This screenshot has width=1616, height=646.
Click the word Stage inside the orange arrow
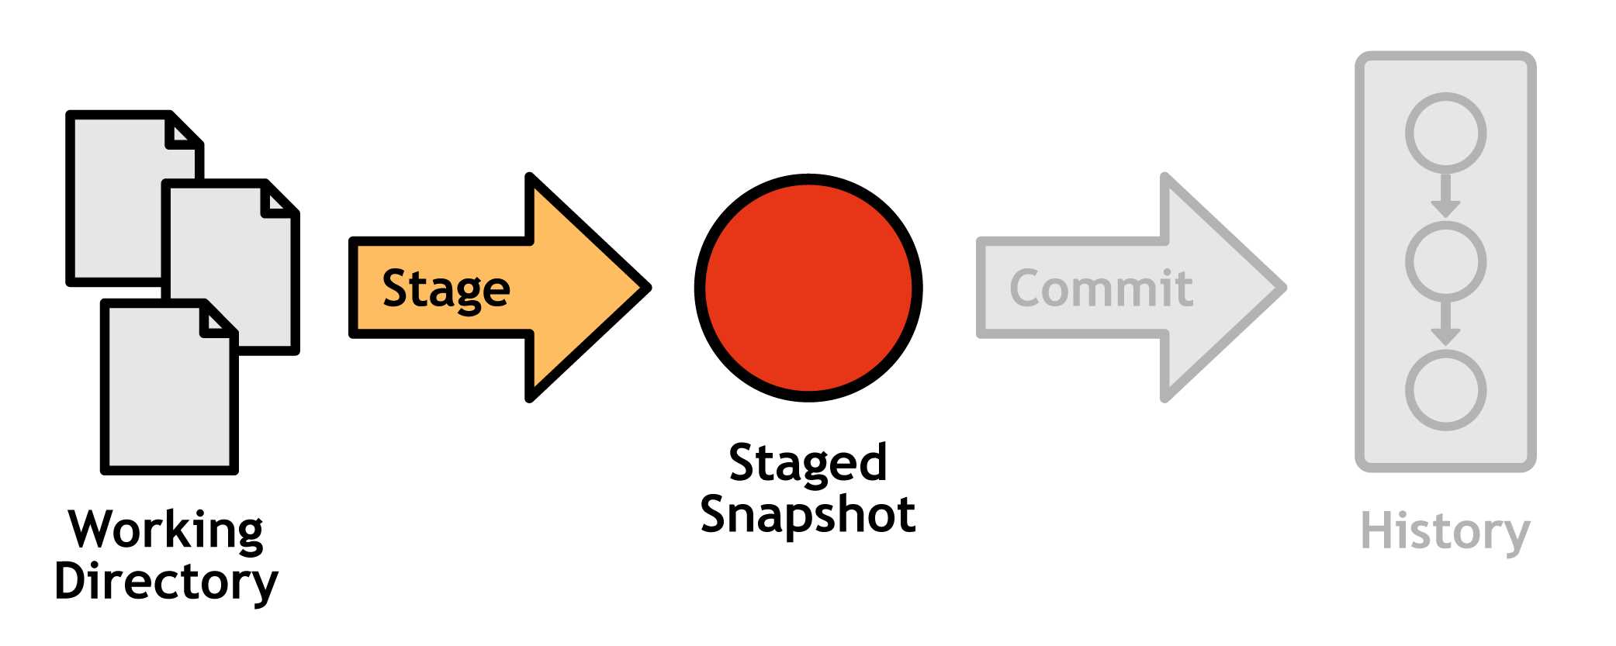point(446,289)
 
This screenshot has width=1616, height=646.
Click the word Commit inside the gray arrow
point(1101,288)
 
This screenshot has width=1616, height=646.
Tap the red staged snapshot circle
point(808,288)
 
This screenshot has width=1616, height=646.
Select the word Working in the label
point(166,530)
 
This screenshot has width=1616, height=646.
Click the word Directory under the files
point(166,582)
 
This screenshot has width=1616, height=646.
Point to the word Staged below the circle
point(808,464)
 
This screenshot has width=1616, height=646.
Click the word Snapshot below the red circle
point(808,514)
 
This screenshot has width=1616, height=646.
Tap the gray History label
point(1445,532)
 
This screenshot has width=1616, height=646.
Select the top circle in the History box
point(1445,133)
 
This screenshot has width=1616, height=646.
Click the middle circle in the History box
point(1445,261)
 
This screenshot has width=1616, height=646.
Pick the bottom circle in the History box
point(1445,390)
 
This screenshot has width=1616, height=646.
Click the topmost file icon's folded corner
point(183,133)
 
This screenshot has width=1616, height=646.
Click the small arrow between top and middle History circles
point(1445,197)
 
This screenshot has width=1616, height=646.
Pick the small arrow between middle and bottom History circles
point(1445,326)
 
